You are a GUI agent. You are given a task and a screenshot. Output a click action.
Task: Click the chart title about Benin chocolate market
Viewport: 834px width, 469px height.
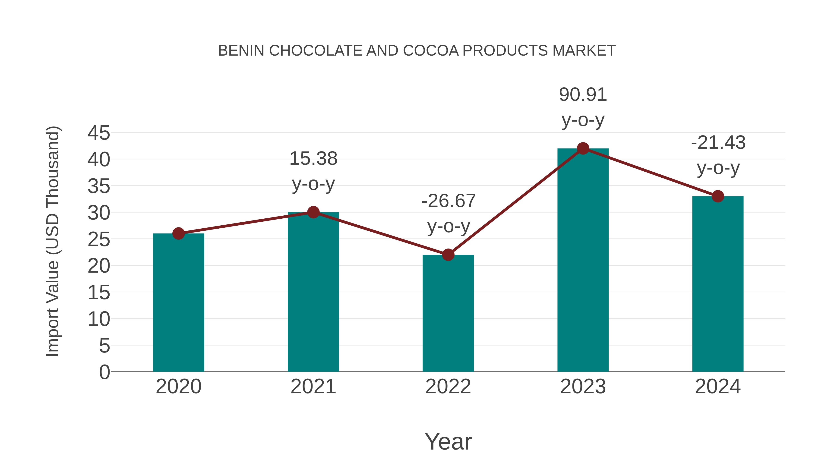(x=417, y=51)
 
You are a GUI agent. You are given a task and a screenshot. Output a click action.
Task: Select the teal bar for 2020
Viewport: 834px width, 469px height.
(x=178, y=303)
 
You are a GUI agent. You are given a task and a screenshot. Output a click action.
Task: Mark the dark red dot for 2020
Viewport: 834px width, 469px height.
(x=178, y=233)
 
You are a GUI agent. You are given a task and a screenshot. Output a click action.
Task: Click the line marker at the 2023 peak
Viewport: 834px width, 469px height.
(x=583, y=148)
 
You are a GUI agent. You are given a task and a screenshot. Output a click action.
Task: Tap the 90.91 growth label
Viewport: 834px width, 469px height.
(x=583, y=95)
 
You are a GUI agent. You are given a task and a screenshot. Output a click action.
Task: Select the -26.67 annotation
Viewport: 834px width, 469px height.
(x=449, y=201)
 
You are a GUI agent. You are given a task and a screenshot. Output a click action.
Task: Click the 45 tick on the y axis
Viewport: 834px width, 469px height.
(x=99, y=133)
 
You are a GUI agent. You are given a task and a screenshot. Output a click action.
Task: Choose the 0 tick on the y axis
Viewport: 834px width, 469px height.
(x=104, y=372)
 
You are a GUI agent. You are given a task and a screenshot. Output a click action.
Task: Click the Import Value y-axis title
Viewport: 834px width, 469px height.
(x=52, y=241)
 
